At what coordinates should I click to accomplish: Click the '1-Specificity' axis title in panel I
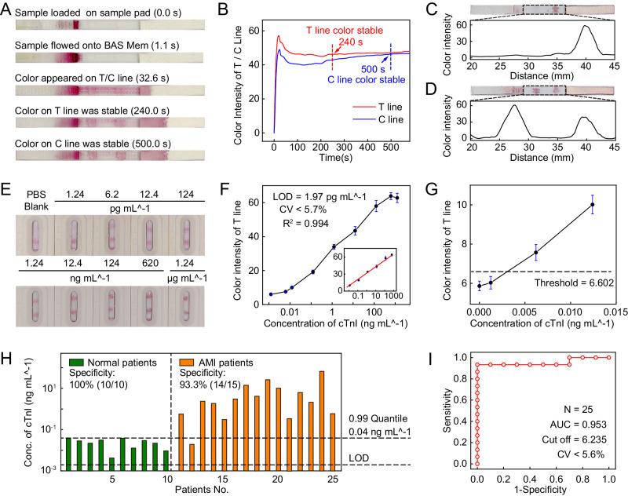pos(541,489)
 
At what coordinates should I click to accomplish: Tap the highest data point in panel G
pos(592,205)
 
